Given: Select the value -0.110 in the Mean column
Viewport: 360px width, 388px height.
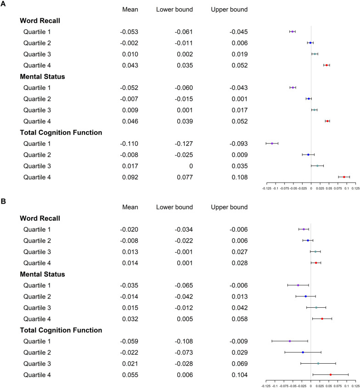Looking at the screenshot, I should point(129,144).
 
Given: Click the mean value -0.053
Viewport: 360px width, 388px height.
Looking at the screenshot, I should point(129,32).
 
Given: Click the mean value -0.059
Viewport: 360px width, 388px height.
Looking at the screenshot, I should point(129,341).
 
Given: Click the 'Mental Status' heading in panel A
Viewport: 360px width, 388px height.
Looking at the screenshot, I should point(42,77).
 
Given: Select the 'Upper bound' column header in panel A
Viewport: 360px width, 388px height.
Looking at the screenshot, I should point(229,9).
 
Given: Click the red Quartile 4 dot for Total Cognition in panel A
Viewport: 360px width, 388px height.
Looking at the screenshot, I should point(344,177).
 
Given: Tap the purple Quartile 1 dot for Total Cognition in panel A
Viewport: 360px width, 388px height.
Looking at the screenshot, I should point(272,143).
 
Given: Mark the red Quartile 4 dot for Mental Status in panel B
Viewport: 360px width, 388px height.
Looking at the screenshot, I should point(322,319).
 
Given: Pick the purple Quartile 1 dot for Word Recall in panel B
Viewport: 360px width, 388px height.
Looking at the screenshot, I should point(304,229).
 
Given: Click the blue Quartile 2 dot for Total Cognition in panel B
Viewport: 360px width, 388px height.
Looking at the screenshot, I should point(303,352).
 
